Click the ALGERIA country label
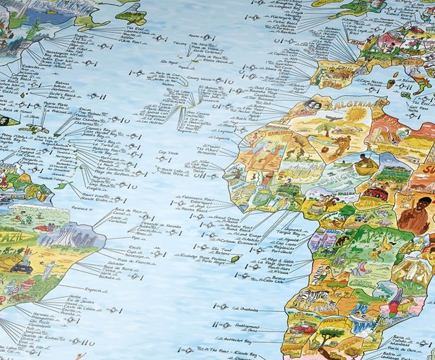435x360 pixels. point(352,105)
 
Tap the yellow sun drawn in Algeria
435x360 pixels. point(354,115)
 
